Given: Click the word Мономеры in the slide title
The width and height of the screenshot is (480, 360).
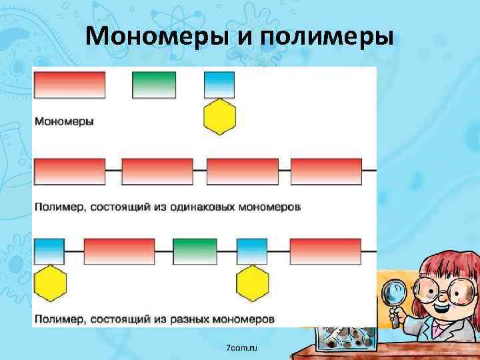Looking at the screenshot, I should (x=156, y=35).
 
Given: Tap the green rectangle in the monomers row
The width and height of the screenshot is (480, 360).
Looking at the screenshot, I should (x=155, y=85).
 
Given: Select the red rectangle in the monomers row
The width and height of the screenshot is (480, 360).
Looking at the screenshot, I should (x=70, y=85).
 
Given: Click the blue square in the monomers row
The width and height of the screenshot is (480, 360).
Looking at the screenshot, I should (x=219, y=85).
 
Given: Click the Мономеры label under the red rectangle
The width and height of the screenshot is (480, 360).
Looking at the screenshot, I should (x=64, y=122).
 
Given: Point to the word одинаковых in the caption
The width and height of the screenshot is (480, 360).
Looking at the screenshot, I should (x=217, y=207).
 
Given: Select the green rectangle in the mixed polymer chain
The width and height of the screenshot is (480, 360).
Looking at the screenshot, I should (x=195, y=252).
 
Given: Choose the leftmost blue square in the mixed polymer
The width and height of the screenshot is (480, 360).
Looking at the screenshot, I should (x=49, y=252).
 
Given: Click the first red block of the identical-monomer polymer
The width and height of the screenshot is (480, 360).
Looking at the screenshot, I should (x=70, y=171).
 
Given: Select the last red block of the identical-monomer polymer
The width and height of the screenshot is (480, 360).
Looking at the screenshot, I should (x=327, y=171).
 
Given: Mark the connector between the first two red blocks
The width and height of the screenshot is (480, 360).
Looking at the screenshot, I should (x=113, y=171).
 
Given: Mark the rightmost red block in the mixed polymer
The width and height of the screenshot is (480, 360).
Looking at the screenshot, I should (x=326, y=252).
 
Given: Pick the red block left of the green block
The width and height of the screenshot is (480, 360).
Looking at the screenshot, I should (x=119, y=252).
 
